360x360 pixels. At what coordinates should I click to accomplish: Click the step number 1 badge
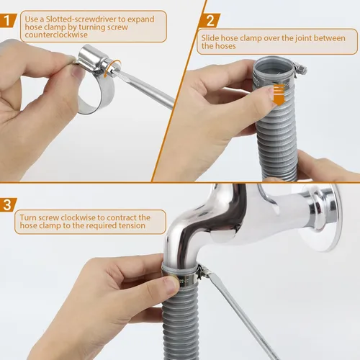pos(7,20)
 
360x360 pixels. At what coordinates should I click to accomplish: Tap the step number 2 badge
pos(210,21)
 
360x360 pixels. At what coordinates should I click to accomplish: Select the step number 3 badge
pos(7,204)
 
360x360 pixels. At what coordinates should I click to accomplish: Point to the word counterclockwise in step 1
pos(56,35)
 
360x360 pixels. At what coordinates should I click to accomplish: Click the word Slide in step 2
pos(210,38)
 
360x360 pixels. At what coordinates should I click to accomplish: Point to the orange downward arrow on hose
pos(279,95)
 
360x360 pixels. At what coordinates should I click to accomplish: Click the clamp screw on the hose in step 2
pos(300,68)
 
